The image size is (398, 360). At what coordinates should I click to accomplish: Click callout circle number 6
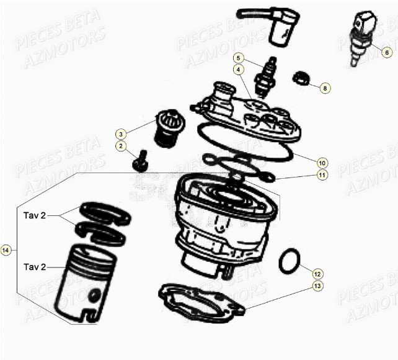click(387, 53)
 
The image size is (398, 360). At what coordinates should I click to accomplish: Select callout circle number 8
click(324, 88)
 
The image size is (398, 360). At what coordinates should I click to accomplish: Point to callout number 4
click(238, 70)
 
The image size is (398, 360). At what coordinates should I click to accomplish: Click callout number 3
click(120, 133)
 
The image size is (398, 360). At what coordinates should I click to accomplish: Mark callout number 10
click(321, 163)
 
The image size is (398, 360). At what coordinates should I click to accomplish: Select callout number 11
click(321, 176)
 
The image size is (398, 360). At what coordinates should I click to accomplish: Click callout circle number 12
click(317, 273)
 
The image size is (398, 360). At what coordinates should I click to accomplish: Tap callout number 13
click(317, 286)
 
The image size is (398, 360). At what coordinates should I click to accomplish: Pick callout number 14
click(6, 250)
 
